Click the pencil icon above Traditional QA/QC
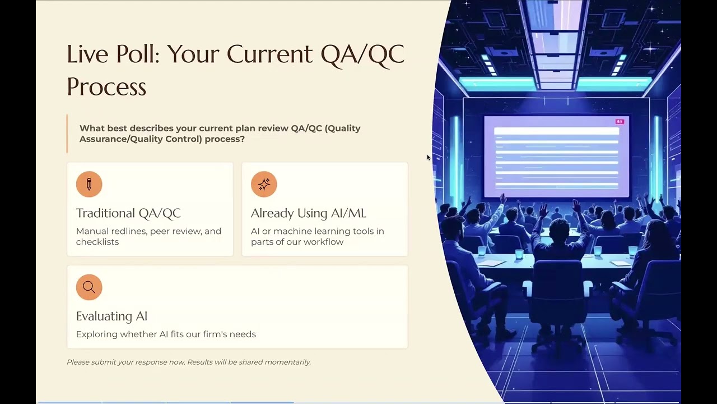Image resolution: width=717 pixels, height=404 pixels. coord(89,185)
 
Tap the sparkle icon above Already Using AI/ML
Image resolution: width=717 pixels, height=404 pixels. coord(264,185)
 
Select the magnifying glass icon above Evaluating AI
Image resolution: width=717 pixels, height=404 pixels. coord(89,287)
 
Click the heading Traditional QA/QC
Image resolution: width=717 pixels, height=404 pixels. coord(128,213)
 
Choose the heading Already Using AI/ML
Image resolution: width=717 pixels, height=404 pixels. coord(308,213)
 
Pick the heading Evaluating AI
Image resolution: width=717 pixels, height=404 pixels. coord(111,316)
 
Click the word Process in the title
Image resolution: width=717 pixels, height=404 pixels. coord(106,86)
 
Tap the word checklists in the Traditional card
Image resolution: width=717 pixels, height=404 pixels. coord(97,242)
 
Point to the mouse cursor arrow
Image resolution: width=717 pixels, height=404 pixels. coord(429,158)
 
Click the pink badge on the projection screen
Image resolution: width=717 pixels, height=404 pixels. coord(620,122)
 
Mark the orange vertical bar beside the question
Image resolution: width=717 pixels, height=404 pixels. coord(67,134)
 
